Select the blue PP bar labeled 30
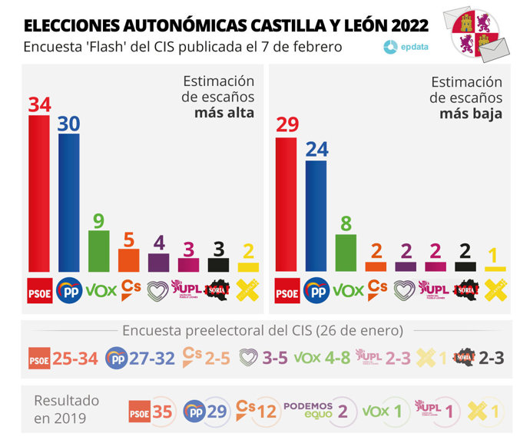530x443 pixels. coord(69,203)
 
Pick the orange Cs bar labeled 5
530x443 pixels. coord(129,260)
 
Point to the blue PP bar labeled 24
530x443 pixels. coord(316,216)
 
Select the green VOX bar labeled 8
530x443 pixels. coord(346,253)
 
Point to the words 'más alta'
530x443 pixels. coord(224,113)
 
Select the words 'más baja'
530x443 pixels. coord(471,114)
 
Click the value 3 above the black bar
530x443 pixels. coord(219,248)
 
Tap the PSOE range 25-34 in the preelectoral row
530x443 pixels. coord(75,358)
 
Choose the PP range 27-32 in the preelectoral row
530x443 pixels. coord(151,358)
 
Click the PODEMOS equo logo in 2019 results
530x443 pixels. coord(308,410)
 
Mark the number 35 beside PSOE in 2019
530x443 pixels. coord(162,411)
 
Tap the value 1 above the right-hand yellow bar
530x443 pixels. coord(495,255)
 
